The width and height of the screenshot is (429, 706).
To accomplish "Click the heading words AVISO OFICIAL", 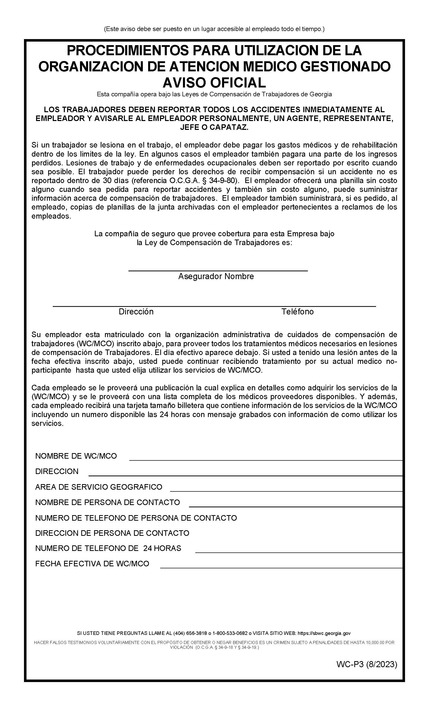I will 214,82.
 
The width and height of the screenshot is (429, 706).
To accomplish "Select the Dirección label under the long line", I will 136,311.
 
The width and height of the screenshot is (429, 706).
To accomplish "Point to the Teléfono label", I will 297,311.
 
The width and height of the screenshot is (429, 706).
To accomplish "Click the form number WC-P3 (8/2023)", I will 367,664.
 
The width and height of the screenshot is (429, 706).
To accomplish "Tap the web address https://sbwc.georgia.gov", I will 324,633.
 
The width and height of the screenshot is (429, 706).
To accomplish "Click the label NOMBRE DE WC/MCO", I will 76,456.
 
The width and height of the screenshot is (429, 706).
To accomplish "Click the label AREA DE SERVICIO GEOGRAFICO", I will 99,487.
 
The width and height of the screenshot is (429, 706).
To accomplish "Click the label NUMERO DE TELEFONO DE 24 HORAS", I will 108,548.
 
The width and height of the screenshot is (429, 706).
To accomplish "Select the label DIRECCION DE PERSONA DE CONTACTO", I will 112,533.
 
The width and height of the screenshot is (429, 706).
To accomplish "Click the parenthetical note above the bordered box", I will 214,29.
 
